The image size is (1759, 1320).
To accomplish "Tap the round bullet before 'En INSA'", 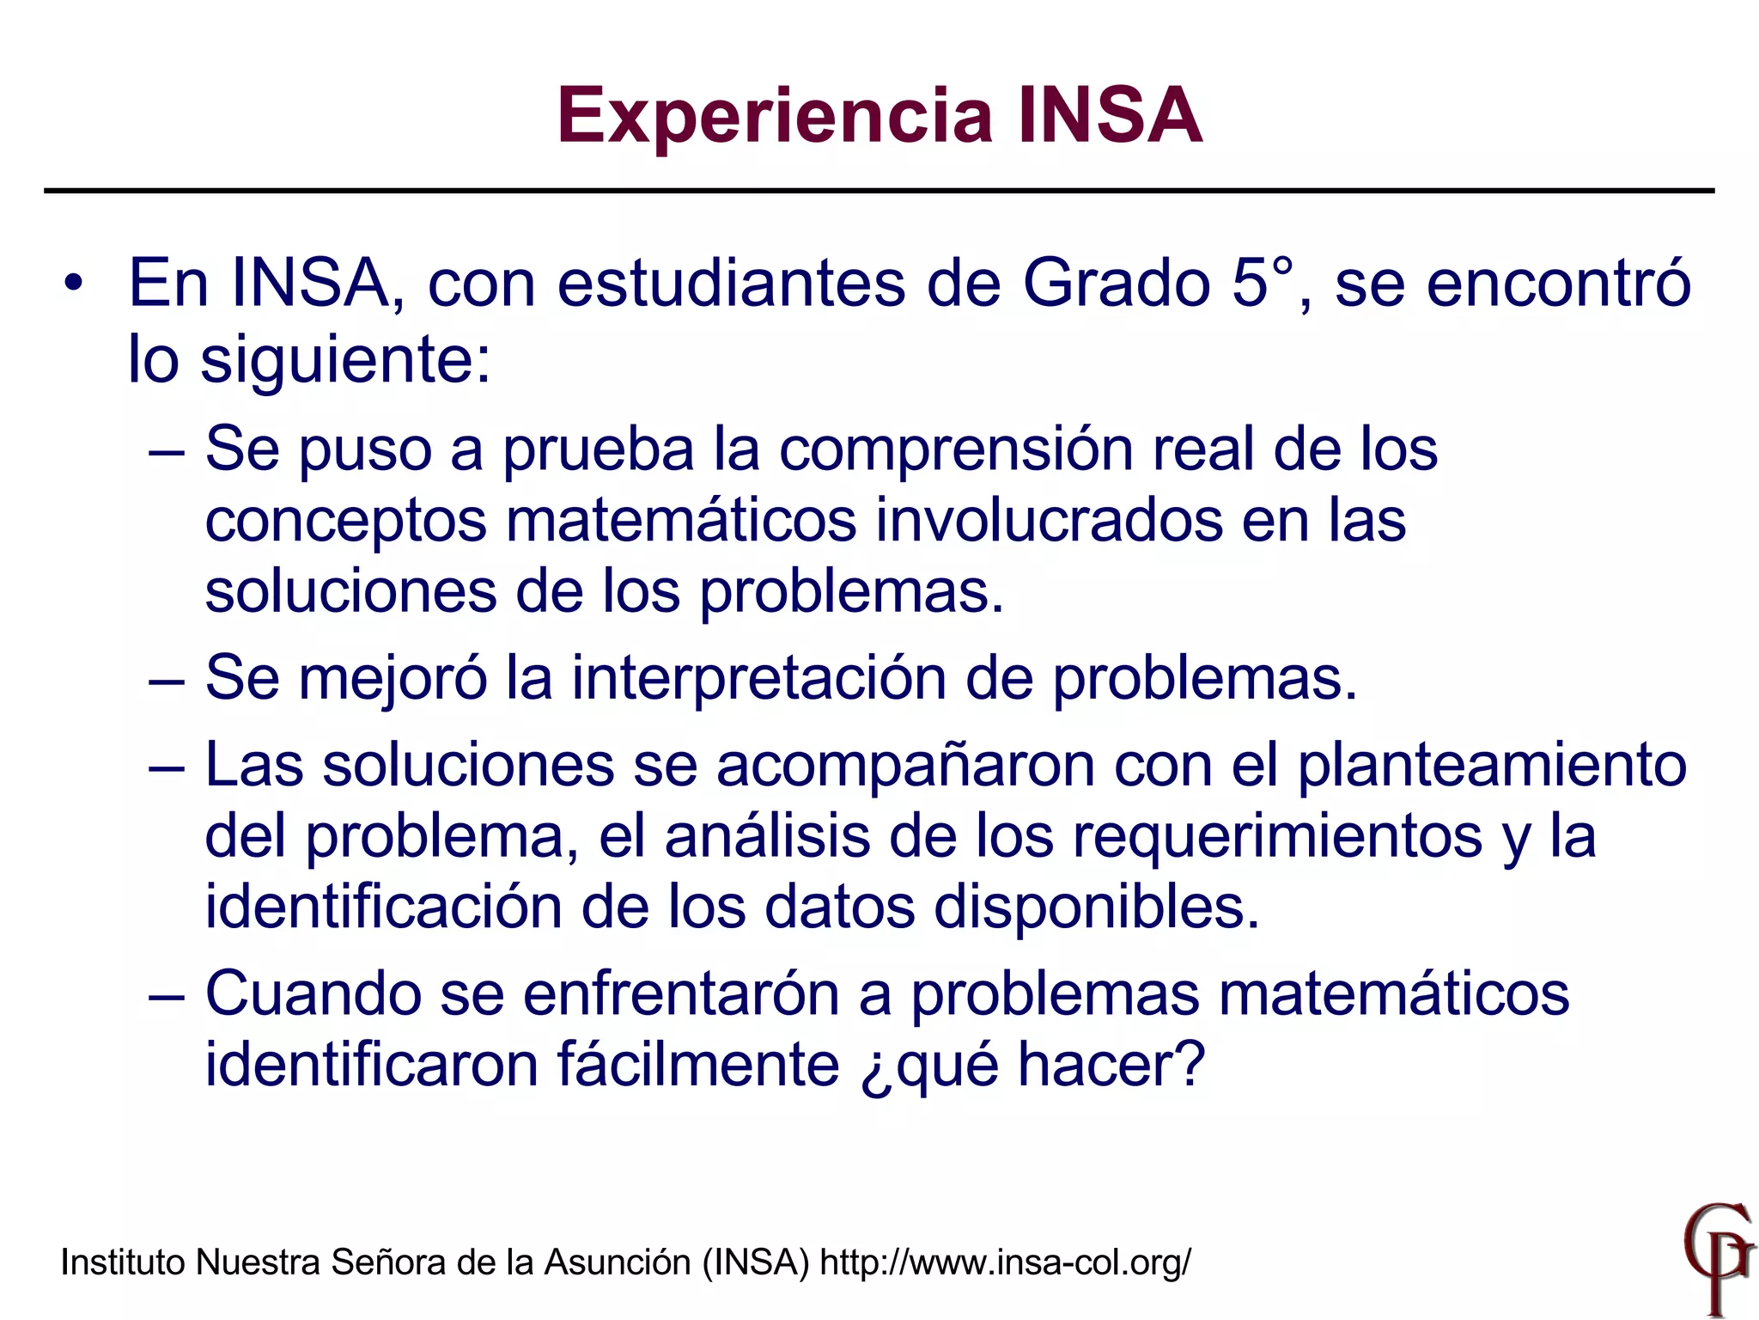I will tap(76, 283).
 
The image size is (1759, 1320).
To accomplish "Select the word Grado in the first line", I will tap(1116, 283).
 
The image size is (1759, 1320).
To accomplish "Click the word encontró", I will tap(1558, 283).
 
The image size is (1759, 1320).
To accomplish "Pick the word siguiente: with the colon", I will tap(346, 359).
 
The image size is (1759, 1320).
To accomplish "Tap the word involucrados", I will tap(1049, 520).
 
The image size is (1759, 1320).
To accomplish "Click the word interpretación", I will tap(758, 677).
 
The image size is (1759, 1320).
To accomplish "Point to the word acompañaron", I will tap(905, 765).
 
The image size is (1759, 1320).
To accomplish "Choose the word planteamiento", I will tap(1492, 765).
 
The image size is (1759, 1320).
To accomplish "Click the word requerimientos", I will tap(1277, 836).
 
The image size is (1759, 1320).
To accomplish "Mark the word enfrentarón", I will tap(680, 994).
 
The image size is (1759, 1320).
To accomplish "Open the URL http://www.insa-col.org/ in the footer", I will tap(1006, 1262).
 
